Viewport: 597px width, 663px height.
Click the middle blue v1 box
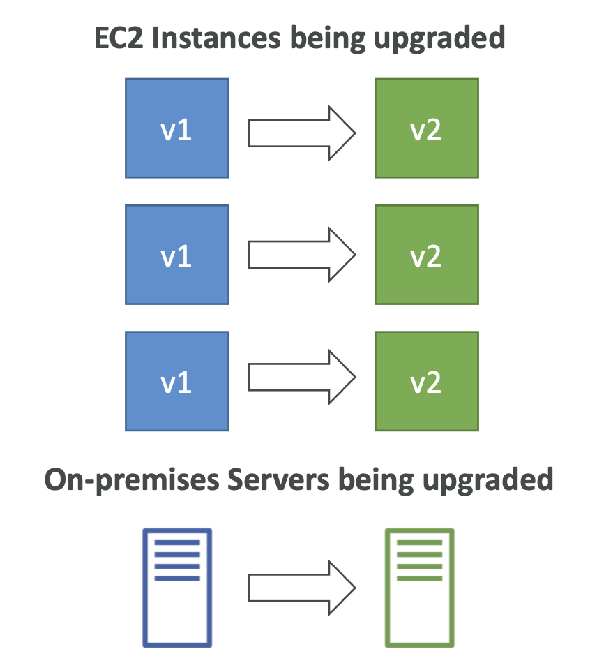click(177, 255)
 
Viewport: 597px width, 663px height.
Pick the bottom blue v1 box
click(177, 381)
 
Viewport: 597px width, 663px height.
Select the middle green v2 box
click(426, 255)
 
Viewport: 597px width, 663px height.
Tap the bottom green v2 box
click(426, 381)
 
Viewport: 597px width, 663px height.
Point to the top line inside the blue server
click(176, 542)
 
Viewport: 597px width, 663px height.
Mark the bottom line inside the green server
click(419, 577)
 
